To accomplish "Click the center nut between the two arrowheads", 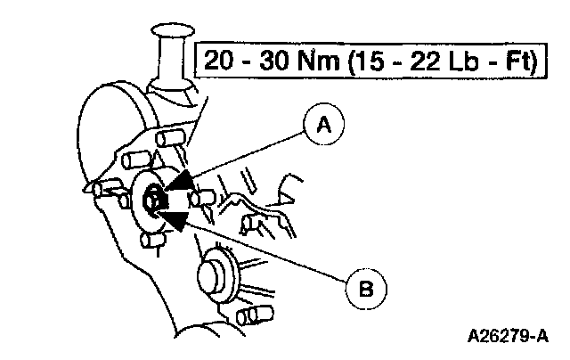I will (x=153, y=200).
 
